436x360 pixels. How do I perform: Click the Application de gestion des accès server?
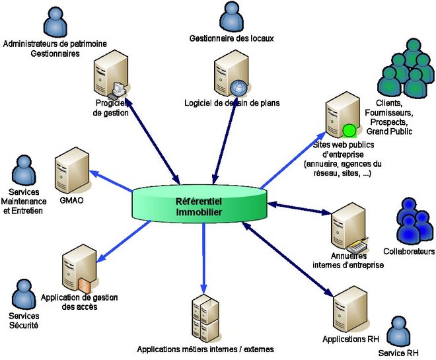76,270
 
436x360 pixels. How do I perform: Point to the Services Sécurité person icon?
24,295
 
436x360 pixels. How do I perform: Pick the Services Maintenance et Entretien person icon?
25,173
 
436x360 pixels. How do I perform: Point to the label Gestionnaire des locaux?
231,38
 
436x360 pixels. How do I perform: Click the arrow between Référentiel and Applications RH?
288,258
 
